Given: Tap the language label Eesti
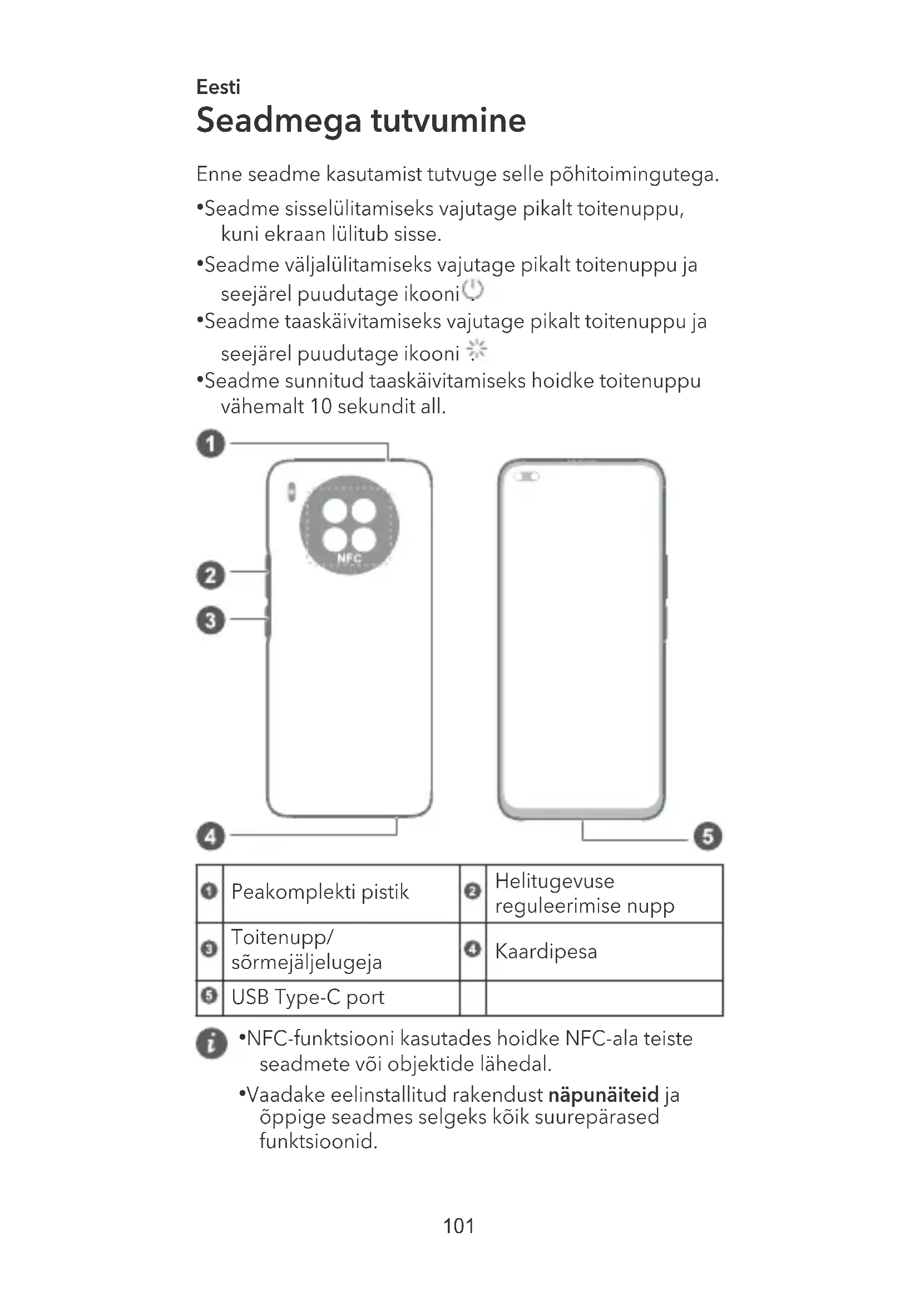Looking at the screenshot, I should click(218, 87).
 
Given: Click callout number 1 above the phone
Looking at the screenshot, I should click(211, 443).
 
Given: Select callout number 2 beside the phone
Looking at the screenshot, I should click(211, 575).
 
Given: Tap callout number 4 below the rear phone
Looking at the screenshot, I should click(211, 837).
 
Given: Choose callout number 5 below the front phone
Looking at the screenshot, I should click(708, 837).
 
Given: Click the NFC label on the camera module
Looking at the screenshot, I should click(349, 558).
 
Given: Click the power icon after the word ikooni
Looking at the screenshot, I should click(473, 291).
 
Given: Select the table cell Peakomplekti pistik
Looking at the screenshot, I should click(320, 892).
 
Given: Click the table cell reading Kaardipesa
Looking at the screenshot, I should click(546, 951).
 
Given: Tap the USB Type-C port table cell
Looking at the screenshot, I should click(308, 997).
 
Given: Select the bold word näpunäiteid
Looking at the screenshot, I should click(604, 1094).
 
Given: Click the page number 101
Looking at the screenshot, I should click(459, 1226).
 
